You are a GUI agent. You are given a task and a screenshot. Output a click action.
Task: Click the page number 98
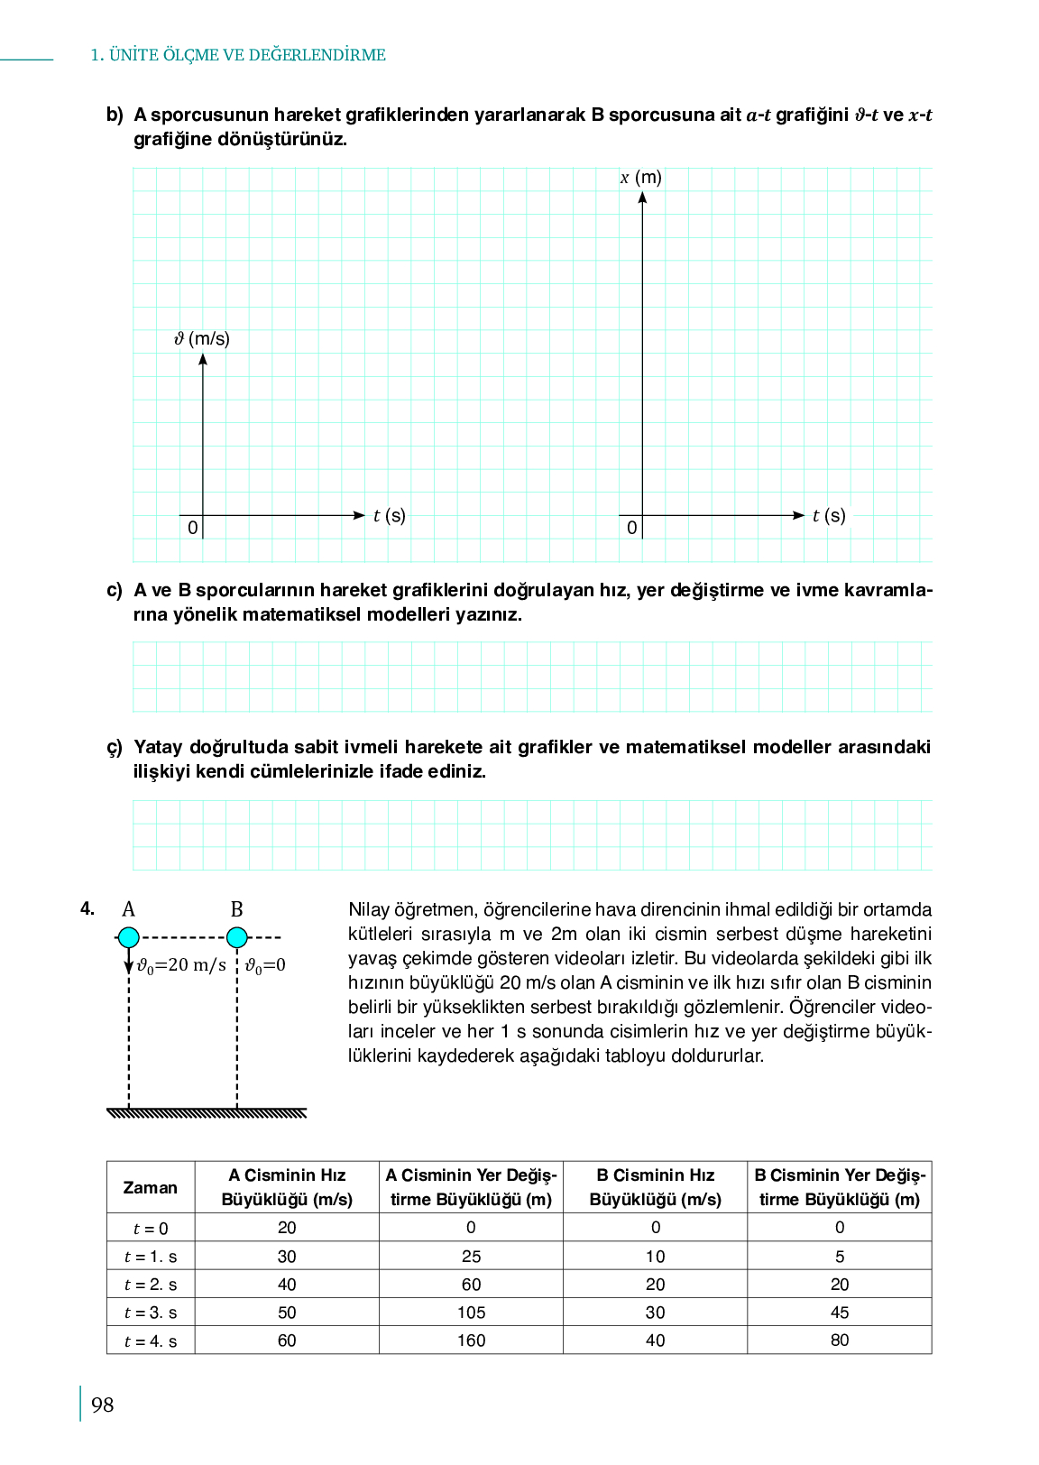click(103, 1405)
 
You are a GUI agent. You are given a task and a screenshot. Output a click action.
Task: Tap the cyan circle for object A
click(129, 937)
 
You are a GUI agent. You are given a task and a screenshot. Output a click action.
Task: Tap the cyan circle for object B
click(237, 937)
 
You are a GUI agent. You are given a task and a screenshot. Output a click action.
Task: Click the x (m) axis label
click(641, 178)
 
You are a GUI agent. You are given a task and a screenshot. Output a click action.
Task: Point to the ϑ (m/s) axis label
click(202, 339)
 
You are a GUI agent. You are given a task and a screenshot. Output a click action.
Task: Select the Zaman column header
click(151, 1187)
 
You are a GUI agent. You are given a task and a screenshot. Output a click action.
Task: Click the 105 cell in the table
click(471, 1313)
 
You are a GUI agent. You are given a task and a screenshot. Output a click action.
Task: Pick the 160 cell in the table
click(471, 1341)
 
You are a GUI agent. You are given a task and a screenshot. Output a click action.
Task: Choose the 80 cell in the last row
click(840, 1341)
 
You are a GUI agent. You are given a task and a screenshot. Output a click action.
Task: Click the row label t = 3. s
click(151, 1313)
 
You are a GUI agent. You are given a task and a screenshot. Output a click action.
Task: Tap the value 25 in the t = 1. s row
click(471, 1257)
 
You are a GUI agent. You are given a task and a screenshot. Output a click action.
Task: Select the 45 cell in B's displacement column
click(840, 1313)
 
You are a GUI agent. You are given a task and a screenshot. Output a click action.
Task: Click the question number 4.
click(87, 909)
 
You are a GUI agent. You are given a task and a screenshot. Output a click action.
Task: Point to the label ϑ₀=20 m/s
click(181, 965)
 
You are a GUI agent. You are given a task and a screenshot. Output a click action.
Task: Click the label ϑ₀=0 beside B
click(266, 965)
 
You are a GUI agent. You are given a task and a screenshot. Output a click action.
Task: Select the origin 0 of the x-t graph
click(631, 528)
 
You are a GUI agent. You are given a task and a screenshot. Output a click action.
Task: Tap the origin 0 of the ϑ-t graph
click(192, 528)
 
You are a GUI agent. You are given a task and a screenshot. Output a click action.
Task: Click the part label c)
click(115, 590)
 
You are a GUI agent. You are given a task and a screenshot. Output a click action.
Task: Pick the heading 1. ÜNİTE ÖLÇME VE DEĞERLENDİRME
click(238, 55)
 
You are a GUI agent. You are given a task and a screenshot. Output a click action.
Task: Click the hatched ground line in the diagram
click(207, 1113)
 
